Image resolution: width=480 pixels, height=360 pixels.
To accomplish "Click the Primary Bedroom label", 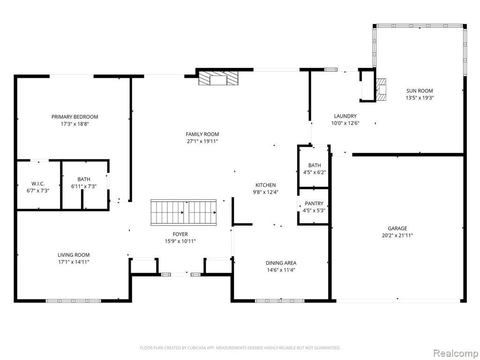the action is tap(75, 117).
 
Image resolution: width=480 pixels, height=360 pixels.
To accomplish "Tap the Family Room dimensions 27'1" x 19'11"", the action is tap(202, 142).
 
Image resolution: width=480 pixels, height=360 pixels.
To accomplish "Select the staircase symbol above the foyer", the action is tap(183, 212).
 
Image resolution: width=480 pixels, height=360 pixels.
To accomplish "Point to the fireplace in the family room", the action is tap(218, 78).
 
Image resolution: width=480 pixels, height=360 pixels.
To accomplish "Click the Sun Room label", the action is tap(420, 90).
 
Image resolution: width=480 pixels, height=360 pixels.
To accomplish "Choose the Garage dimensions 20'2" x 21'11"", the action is tap(397, 235).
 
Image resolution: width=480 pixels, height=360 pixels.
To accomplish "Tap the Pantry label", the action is tap(314, 203).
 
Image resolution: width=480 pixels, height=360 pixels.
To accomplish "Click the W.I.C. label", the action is tap(38, 184).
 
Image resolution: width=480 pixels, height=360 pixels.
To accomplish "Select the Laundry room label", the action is tap(345, 116).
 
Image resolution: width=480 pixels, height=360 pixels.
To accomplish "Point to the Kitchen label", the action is tap(266, 185).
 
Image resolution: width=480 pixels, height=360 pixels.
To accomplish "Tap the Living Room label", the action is tap(74, 255).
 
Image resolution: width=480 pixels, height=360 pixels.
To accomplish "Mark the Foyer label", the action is tap(180, 234).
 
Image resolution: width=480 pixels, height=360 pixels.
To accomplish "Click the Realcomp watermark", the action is tap(455, 353).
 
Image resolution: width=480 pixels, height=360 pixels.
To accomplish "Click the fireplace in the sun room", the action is tap(381, 90).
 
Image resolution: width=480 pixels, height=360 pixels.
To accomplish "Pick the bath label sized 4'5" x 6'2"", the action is tap(315, 165).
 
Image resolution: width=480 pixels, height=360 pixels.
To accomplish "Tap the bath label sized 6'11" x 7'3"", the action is tap(84, 179).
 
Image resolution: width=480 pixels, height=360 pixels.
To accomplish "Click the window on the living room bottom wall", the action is tap(74, 301).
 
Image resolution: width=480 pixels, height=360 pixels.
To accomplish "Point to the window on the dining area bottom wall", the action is tap(280, 301).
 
